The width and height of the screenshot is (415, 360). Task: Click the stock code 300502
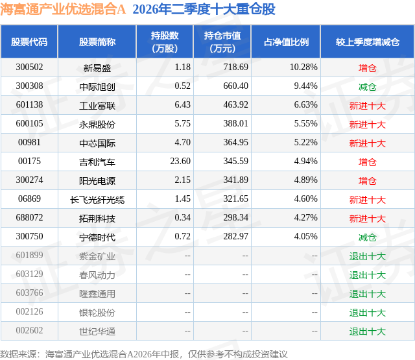coord(29,67)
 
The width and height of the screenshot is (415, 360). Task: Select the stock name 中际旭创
coord(97,86)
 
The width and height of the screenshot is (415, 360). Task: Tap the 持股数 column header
coord(165,42)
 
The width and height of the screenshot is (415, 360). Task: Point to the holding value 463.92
coord(235,105)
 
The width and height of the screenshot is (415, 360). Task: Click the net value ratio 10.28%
coord(303,67)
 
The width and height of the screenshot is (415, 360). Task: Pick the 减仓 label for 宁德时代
coord(368,237)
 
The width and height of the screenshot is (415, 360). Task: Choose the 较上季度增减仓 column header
coord(368,42)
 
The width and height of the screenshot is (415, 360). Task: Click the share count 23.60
coord(180,162)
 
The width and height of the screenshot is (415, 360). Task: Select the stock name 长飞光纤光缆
coord(97,200)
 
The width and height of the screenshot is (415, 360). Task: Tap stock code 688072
coord(29,217)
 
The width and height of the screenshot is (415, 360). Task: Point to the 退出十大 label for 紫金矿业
coord(368,256)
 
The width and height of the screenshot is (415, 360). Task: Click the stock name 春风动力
coord(97,275)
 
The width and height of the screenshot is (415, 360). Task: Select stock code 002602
coord(29,330)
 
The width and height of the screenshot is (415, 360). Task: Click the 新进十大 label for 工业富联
coord(368,106)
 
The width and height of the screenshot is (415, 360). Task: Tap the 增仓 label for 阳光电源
coord(368,181)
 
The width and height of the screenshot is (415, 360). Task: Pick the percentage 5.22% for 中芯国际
coord(305,143)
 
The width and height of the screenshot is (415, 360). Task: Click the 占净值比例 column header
coord(286,42)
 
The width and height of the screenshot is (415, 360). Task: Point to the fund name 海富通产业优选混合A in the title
coord(63,9)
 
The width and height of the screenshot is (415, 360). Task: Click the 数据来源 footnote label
coord(18,354)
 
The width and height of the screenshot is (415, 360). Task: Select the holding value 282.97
coord(235,236)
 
